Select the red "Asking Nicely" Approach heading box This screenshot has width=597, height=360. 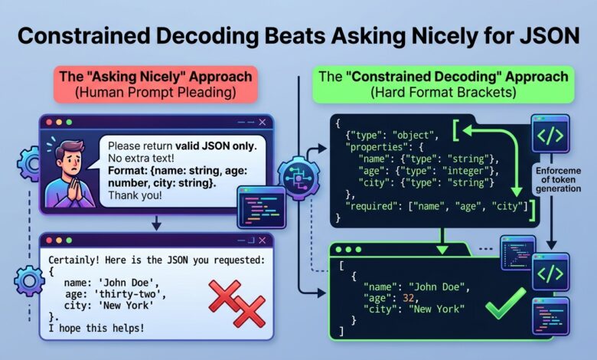tap(155, 84)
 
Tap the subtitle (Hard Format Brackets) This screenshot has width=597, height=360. tap(443, 93)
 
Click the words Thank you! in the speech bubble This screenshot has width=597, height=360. tap(135, 195)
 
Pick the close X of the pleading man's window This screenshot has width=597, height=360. tap(263, 123)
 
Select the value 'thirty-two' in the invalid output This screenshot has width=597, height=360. tap(132, 293)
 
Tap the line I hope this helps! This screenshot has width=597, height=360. tap(96, 328)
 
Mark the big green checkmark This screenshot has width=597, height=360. tap(506, 303)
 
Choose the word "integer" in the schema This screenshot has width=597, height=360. tap(465, 171)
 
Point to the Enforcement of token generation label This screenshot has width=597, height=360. tap(558, 179)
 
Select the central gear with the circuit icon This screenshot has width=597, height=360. tap(298, 178)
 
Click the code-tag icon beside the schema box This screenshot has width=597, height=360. tap(550, 134)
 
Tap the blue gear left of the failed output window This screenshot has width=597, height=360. tap(29, 281)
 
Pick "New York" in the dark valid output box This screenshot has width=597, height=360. tap(437, 309)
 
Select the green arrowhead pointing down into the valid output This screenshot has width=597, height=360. tap(442, 250)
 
